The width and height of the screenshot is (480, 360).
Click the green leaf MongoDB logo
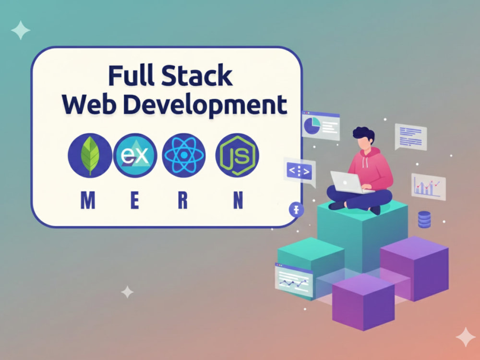click(x=90, y=156)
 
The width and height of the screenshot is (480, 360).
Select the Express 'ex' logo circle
click(x=135, y=156)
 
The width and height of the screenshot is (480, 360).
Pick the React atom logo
click(x=184, y=156)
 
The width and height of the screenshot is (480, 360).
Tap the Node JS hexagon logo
click(x=237, y=156)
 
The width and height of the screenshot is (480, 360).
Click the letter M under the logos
click(x=88, y=200)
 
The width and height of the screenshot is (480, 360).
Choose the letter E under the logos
click(x=135, y=200)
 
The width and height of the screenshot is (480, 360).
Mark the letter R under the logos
click(x=183, y=200)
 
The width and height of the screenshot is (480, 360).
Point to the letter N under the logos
click(x=238, y=200)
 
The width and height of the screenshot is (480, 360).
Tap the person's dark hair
click(x=364, y=134)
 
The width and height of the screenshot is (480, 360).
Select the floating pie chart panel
click(x=321, y=125)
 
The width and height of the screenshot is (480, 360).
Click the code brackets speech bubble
click(x=300, y=172)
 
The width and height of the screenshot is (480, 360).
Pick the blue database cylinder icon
click(x=424, y=219)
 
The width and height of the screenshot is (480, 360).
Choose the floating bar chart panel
click(x=428, y=187)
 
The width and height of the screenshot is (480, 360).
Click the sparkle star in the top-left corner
click(x=21, y=30)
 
